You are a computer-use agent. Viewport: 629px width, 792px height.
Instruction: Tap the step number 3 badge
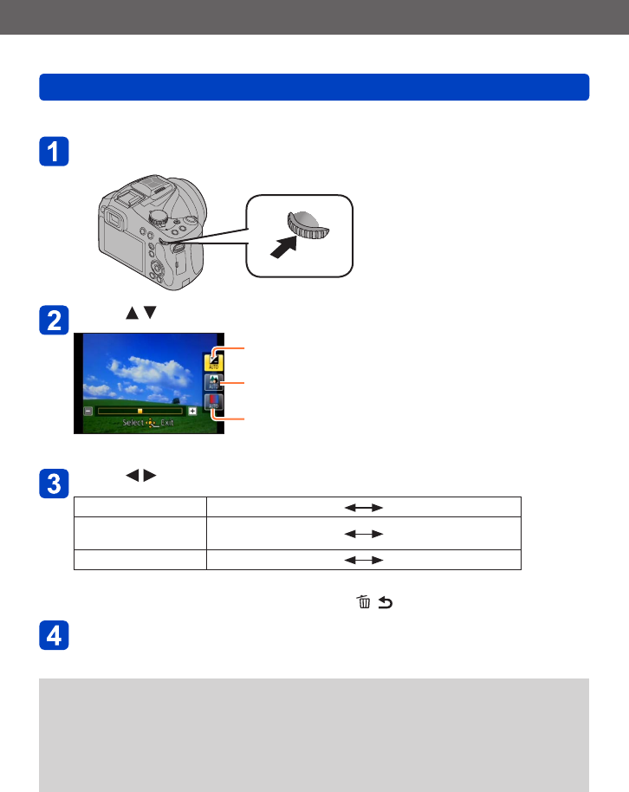(55, 483)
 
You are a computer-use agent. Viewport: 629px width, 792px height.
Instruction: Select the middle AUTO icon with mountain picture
(213, 382)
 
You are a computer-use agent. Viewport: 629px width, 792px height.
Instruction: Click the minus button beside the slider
(88, 411)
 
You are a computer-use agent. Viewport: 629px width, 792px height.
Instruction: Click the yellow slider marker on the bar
(139, 411)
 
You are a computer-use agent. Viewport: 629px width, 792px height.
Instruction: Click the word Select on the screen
(133, 425)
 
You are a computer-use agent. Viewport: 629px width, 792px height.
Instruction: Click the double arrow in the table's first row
(364, 508)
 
